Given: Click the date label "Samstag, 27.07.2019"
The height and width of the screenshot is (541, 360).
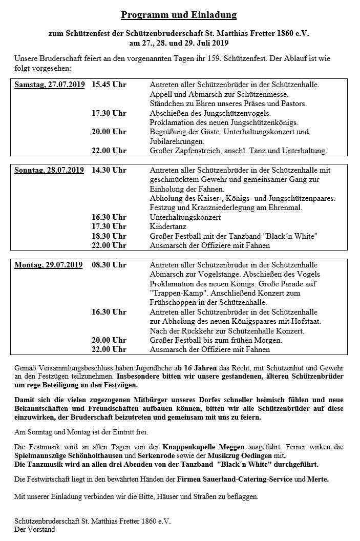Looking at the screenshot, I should point(49,85).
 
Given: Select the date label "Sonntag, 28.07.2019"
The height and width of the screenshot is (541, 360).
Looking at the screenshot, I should point(49,170).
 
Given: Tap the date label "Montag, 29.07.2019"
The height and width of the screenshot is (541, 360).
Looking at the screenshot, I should point(48,265).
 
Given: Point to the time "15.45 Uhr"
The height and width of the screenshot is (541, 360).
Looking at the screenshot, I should point(109,85).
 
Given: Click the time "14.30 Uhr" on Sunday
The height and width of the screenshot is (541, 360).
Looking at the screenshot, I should point(109,170).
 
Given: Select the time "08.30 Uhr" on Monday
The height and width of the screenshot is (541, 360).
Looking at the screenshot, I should point(109,265).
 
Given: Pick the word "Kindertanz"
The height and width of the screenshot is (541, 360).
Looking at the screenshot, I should point(168,226).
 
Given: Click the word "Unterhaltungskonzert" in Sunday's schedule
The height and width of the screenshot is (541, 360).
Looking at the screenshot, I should point(185,217).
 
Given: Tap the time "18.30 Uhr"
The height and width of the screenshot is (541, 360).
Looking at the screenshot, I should point(109,236).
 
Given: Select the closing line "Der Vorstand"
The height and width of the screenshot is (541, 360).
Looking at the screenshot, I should point(35,530).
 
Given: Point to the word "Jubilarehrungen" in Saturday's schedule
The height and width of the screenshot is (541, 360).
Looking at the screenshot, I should point(177,141).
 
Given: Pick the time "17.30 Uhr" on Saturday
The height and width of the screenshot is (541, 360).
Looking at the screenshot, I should point(109,113).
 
